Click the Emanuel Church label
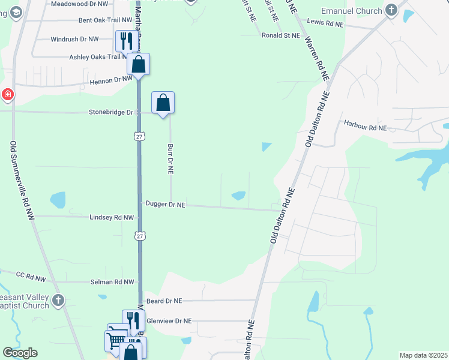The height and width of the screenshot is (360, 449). [x=351, y=11]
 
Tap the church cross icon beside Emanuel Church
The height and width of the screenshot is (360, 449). [x=391, y=10]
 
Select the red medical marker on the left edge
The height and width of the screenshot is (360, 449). [x=7, y=94]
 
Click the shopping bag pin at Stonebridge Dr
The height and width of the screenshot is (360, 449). [x=163, y=103]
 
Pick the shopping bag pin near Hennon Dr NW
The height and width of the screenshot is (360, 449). [x=138, y=65]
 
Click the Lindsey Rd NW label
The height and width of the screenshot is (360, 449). [x=111, y=217]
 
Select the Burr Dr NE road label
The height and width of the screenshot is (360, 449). [x=170, y=158]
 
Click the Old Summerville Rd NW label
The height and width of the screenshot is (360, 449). [x=22, y=180]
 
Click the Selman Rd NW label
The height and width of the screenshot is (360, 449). [x=112, y=282]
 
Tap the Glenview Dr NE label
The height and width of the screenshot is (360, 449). [x=169, y=321]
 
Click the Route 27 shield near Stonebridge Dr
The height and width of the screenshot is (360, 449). [x=139, y=137]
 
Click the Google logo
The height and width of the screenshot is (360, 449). [x=20, y=353]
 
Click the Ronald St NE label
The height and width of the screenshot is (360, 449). [x=280, y=36]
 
